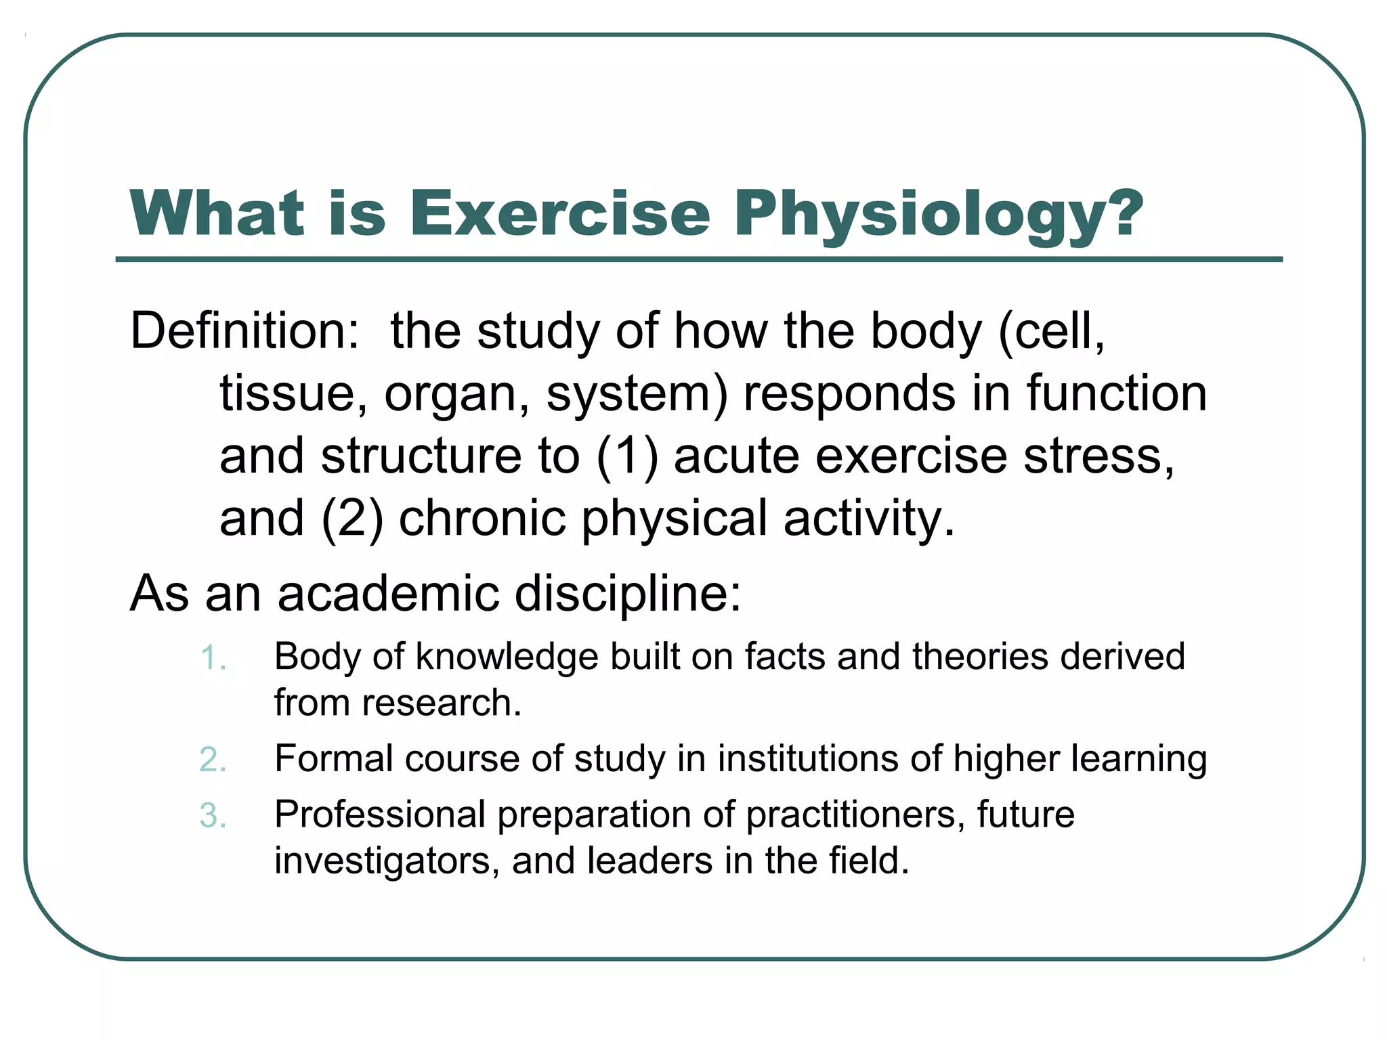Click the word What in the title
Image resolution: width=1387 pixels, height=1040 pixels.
click(x=217, y=213)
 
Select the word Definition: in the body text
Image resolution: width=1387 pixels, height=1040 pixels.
click(x=244, y=331)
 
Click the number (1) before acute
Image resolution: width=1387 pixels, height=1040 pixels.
click(x=627, y=456)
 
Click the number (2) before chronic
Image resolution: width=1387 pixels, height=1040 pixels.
click(x=352, y=519)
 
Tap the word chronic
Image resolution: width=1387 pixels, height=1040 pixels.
click(x=482, y=519)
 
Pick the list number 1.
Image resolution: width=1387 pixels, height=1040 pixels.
click(x=213, y=658)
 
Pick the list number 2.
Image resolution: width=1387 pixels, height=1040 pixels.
click(x=213, y=760)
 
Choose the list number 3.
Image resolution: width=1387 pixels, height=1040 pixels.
click(x=213, y=815)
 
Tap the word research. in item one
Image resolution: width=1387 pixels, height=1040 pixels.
click(x=442, y=703)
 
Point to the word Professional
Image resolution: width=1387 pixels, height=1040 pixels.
click(x=380, y=815)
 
